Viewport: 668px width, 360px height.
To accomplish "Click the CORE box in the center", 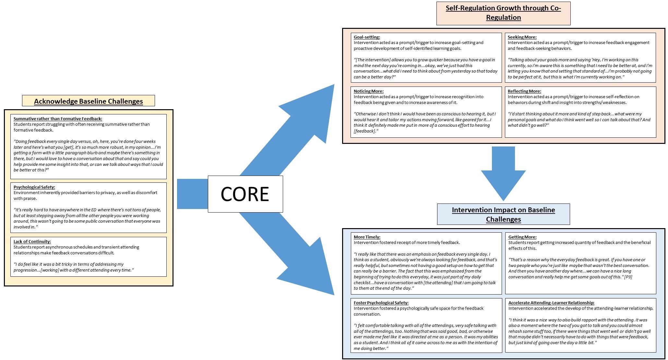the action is coord(245,194).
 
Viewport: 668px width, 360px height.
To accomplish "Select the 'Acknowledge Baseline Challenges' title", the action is coord(89,101).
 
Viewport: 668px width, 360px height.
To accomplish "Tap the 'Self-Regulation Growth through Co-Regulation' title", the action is coord(503,13).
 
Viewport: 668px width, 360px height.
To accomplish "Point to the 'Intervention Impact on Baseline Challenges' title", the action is coord(503,215).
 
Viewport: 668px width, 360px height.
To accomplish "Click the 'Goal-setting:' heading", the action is coord(367,37).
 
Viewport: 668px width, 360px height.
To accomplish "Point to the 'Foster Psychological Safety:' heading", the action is coord(381,303).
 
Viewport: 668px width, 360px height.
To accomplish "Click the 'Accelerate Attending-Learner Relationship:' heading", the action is coord(551,303).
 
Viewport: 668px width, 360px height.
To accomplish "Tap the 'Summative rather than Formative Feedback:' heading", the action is coord(58,119).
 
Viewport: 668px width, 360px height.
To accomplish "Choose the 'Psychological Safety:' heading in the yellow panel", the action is coord(34,187).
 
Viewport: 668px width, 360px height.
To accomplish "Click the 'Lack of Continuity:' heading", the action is coord(32,241).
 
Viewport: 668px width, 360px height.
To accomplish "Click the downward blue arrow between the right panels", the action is coord(503,174).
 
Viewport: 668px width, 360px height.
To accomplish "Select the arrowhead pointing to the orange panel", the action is coord(311,110).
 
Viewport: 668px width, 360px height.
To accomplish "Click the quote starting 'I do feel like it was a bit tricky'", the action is coord(74,267).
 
